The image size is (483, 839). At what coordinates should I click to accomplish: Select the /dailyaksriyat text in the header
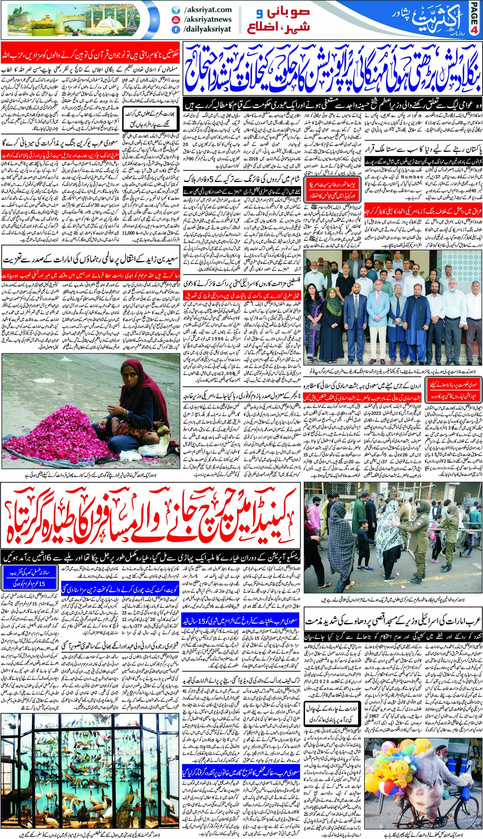point(207,29)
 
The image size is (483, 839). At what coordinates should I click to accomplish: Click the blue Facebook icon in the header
point(174,29)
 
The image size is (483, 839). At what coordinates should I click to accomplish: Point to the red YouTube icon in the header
point(174,20)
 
